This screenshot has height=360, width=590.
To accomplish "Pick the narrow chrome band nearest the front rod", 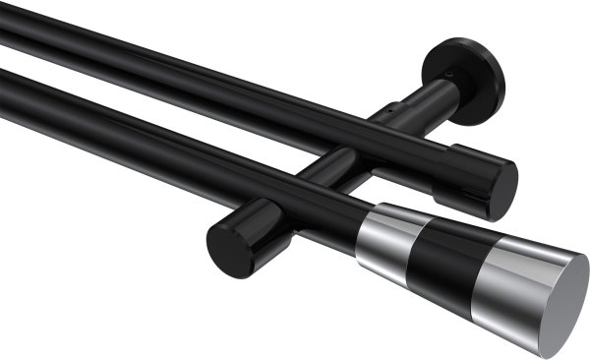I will tap(385, 236).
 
